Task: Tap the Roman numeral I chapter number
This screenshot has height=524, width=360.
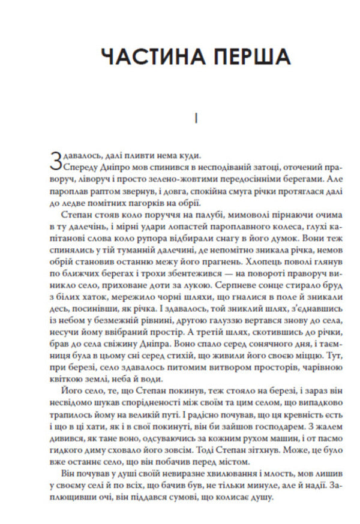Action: (197, 119)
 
